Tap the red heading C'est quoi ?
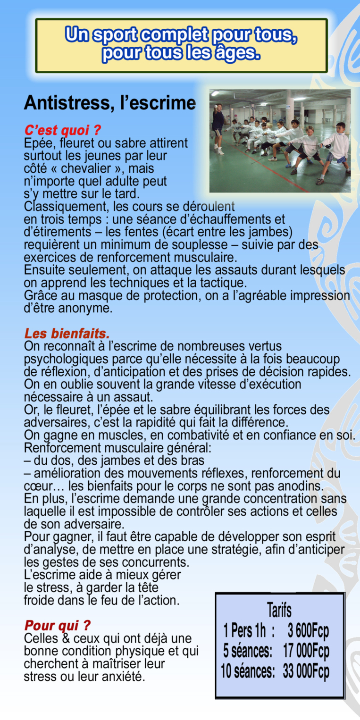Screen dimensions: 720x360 click(63, 130)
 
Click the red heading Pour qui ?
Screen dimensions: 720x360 click(57, 626)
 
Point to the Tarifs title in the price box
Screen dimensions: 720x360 click(279, 610)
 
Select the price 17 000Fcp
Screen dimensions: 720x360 click(306, 651)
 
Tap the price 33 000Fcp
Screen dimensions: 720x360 click(306, 671)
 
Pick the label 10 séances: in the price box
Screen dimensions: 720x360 click(248, 671)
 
